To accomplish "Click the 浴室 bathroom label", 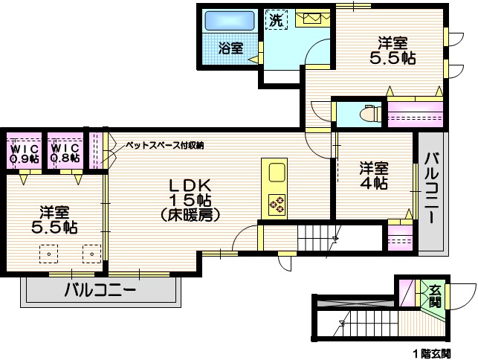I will click(230, 48).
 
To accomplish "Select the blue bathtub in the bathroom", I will click(230, 20).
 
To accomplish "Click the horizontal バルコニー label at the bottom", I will click(100, 290).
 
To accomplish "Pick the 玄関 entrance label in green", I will click(433, 296).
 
